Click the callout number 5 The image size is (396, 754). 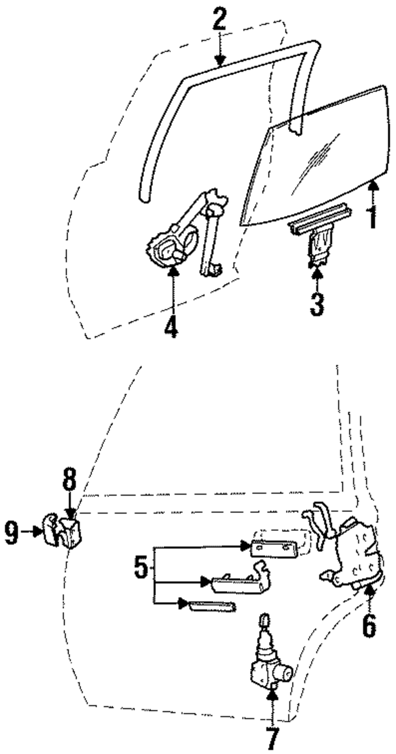click(x=141, y=567)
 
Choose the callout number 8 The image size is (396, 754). click(x=69, y=480)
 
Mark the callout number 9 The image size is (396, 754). click(x=12, y=533)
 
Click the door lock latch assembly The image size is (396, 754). click(x=352, y=562)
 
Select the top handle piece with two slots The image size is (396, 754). click(x=273, y=548)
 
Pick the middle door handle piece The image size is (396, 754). click(x=238, y=584)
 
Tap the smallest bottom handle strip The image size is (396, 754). click(x=212, y=606)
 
